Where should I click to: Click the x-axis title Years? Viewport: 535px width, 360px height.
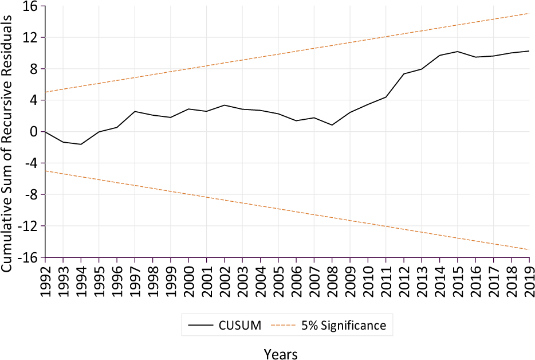[281, 354]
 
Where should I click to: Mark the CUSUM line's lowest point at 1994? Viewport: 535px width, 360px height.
[81, 144]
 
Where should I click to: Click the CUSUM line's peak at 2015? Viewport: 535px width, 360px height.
[457, 52]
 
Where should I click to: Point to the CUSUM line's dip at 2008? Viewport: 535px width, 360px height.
[332, 125]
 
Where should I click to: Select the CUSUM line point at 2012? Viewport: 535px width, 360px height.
[403, 74]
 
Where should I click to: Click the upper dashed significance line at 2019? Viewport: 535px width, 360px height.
[529, 13]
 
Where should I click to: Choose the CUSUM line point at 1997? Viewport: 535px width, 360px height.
[135, 111]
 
